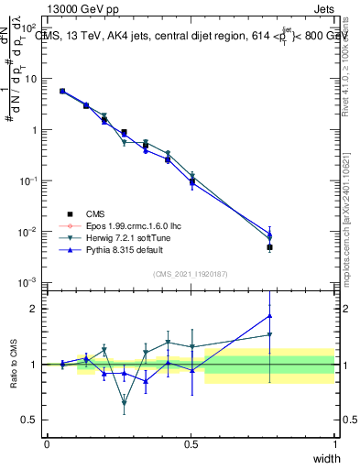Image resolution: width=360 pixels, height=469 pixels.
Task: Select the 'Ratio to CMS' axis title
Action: pyautogui.click(x=13, y=365)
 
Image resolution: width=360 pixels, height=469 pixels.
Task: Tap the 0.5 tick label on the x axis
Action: pyautogui.click(x=191, y=443)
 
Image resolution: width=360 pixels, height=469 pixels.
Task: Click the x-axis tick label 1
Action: pyautogui.click(x=334, y=443)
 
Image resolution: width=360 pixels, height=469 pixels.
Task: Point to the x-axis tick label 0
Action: pyautogui.click(x=47, y=443)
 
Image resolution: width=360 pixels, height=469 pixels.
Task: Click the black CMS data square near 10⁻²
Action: pyautogui.click(x=269, y=247)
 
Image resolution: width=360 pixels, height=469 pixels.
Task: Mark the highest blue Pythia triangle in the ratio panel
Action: pyautogui.click(x=269, y=316)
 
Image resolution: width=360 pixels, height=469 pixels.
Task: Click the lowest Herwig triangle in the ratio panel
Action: pyautogui.click(x=124, y=402)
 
